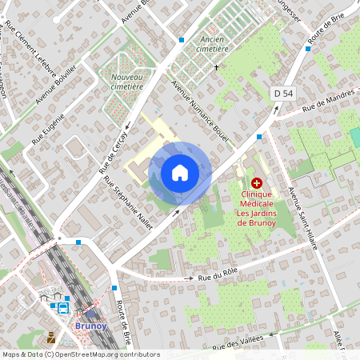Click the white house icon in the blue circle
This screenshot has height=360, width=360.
click(180, 173)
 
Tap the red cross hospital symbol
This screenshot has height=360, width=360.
click(256, 183)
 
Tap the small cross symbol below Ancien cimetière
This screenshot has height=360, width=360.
click(216, 67)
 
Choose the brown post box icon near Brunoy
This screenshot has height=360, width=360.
click(52, 337)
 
